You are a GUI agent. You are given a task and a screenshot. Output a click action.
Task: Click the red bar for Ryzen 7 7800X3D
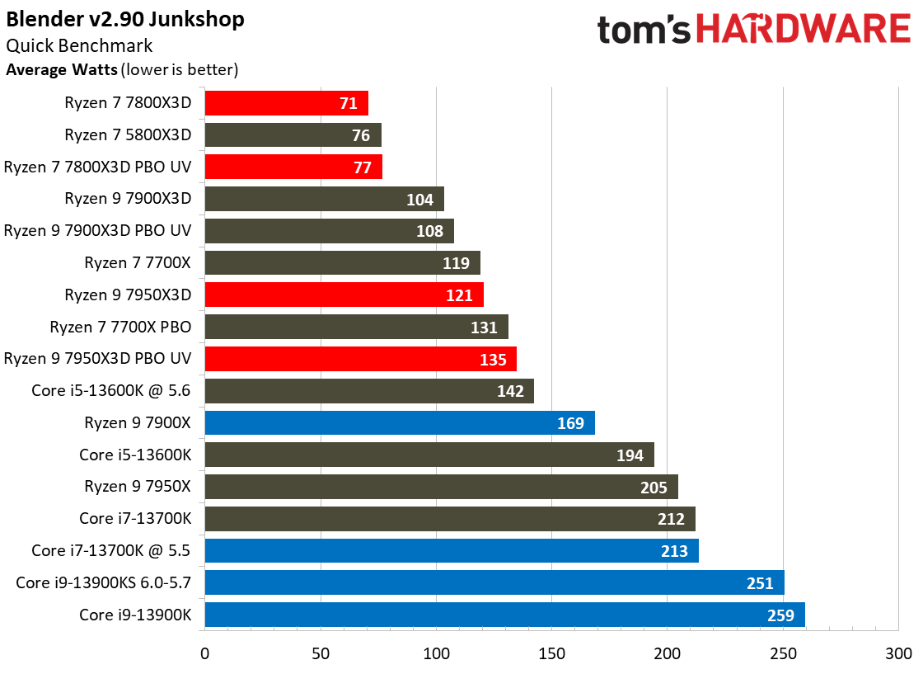[x=286, y=103]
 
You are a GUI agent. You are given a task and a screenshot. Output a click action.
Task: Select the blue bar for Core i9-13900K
[x=504, y=615]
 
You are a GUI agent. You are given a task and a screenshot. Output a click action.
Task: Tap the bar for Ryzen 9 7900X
[x=399, y=423]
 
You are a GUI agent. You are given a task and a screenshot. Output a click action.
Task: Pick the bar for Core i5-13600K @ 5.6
[x=368, y=391]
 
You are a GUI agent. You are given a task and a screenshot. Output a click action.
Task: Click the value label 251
[x=760, y=583]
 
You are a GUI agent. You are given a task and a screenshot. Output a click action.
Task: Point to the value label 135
[x=493, y=359]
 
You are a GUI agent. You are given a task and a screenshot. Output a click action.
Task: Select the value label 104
[x=420, y=199]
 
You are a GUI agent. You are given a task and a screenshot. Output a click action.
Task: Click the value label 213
[x=674, y=551]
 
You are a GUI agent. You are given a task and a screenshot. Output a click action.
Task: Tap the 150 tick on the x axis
[x=551, y=653]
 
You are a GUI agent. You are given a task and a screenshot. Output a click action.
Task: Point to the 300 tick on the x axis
[x=898, y=653]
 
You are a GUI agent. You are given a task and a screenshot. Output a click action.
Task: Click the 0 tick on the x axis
[x=204, y=653]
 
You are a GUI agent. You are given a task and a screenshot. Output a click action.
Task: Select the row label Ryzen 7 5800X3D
[x=128, y=134]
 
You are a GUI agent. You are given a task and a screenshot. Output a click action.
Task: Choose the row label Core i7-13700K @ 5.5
[x=111, y=550]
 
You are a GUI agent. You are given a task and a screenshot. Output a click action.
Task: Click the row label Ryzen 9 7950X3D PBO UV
[x=97, y=359]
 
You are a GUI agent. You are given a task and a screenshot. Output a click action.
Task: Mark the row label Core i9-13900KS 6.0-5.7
[x=103, y=582]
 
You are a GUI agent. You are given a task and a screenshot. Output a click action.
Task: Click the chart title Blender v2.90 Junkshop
[x=124, y=19]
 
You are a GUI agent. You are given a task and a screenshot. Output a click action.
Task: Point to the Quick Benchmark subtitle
[x=79, y=46]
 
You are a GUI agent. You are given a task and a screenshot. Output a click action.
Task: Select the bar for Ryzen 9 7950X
[x=441, y=487]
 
